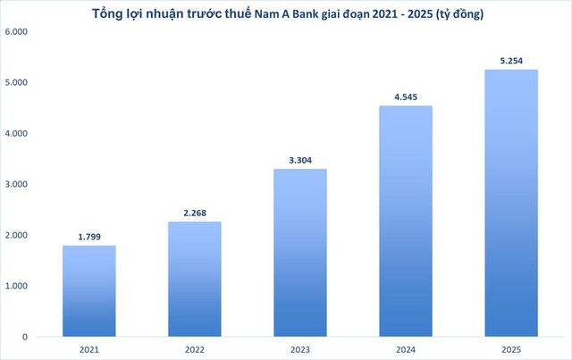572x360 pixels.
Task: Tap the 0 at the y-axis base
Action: click(x=24, y=337)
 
